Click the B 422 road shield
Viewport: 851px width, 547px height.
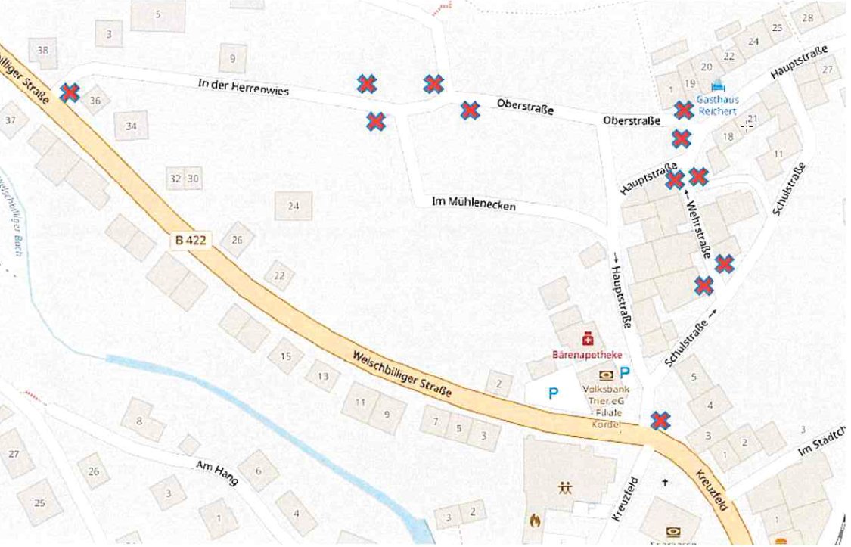point(190,241)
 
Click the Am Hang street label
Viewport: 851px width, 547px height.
point(216,473)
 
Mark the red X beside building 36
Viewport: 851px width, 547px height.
point(70,92)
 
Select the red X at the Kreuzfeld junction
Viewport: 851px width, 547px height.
point(660,420)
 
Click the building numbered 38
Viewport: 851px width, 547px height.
point(42,51)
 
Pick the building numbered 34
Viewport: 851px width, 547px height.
point(131,126)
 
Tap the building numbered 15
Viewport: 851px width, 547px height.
point(285,356)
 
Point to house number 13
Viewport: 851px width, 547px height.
point(322,376)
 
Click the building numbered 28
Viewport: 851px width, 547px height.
point(809,18)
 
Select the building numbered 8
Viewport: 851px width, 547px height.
point(138,421)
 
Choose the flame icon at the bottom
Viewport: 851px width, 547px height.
point(535,521)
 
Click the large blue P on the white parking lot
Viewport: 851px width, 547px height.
point(554,393)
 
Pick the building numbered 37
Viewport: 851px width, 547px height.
point(11,120)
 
